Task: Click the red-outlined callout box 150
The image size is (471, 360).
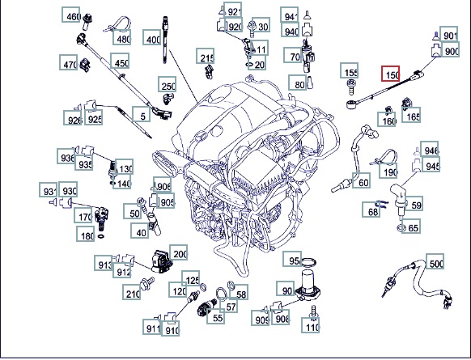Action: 391,74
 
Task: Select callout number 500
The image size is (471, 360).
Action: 435,261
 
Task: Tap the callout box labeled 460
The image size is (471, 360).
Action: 71,15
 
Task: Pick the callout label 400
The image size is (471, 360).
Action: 151,37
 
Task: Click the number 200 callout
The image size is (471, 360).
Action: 178,252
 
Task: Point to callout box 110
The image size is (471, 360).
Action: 311,325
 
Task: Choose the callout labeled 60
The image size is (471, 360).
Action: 362,180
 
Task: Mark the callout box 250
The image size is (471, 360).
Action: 168,84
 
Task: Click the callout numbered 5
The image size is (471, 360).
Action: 142,114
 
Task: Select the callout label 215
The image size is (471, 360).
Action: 206,56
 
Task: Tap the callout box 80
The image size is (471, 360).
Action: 298,83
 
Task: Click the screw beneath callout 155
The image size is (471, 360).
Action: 351,87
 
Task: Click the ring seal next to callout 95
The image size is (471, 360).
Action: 308,262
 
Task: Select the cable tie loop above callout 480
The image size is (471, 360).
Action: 118,24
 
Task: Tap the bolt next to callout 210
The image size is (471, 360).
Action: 147,284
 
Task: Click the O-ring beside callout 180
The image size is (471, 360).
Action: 101,236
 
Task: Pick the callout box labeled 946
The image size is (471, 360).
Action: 429,149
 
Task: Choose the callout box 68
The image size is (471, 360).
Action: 371,210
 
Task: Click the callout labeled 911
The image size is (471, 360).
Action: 152,327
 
